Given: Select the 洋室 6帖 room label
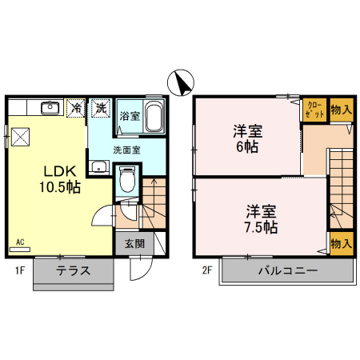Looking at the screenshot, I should click(x=248, y=138).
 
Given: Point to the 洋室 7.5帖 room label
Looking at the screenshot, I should click(x=261, y=218).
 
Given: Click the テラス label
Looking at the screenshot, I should click(x=73, y=270).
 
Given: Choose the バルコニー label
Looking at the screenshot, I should click(x=287, y=270).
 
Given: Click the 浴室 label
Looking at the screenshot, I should click(x=130, y=116).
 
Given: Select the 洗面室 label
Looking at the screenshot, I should click(x=126, y=149).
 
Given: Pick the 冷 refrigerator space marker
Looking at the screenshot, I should click(x=78, y=107).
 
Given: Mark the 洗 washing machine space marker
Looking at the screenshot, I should click(x=101, y=107).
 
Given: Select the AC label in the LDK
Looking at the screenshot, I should click(x=20, y=240).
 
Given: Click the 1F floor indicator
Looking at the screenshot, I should click(x=18, y=270).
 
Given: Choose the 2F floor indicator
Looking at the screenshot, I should click(x=206, y=270).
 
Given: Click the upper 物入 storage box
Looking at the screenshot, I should click(x=340, y=109).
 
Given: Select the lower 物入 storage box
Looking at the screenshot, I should click(x=340, y=243).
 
